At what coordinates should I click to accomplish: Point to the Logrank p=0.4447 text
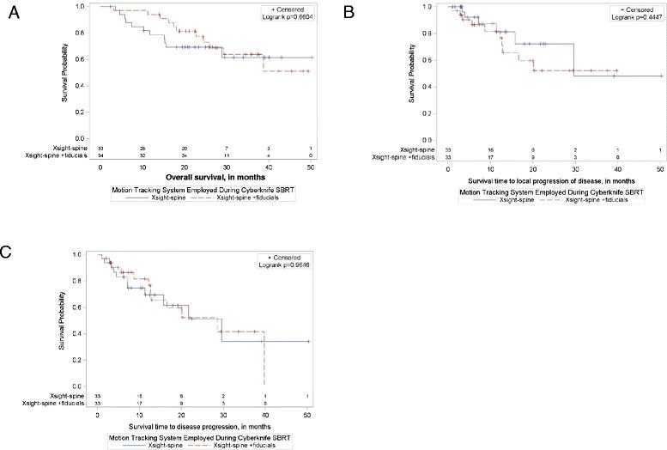(634, 16)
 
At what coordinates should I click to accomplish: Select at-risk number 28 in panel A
(142, 149)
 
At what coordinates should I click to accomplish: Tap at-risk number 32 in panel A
(142, 155)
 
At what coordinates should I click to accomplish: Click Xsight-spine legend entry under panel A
(156, 197)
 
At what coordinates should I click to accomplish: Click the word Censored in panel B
(636, 9)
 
